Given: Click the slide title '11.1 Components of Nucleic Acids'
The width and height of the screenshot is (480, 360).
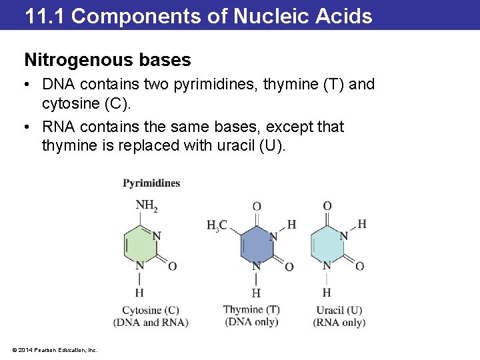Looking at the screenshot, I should (x=199, y=15).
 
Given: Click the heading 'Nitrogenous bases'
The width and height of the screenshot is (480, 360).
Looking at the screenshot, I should (x=107, y=60).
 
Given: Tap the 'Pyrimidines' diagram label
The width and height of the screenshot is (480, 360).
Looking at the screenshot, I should (x=151, y=183).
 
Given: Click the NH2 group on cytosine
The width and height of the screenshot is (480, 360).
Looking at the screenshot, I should (x=146, y=206).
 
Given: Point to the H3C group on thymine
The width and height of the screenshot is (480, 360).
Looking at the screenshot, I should (x=217, y=226).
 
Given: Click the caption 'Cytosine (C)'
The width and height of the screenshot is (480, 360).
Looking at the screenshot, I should (x=151, y=310).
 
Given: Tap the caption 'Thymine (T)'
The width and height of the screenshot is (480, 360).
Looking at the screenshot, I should (x=251, y=309).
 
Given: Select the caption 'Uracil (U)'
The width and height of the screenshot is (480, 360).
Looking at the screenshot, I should (x=339, y=310).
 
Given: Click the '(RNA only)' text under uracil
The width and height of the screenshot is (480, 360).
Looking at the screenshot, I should (x=339, y=323).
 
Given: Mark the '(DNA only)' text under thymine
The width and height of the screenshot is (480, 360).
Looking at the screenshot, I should (x=251, y=322).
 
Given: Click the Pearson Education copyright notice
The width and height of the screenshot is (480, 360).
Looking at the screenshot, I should (x=55, y=349).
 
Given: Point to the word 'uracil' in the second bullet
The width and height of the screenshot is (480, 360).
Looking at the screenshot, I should (x=235, y=145).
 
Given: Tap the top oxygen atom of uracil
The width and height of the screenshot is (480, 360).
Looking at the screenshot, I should (x=327, y=207).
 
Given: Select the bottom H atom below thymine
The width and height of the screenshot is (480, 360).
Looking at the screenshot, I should (x=256, y=293).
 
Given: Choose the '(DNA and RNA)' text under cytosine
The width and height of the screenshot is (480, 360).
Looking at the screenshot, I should (x=151, y=323).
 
